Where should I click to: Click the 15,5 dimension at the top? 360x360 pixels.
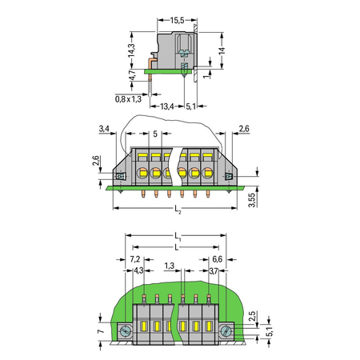pyautogui.click(x=178, y=20)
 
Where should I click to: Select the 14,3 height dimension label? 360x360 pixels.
pyautogui.click(x=131, y=50)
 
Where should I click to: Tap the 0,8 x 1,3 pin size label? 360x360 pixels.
pyautogui.click(x=128, y=99)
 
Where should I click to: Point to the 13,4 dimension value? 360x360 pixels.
pyautogui.click(x=167, y=106)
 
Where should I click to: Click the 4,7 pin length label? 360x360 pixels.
pyautogui.click(x=132, y=75)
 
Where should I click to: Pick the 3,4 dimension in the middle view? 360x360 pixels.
pyautogui.click(x=104, y=129)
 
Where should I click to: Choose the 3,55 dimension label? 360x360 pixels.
pyautogui.click(x=252, y=200)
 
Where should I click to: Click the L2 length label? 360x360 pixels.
pyautogui.click(x=178, y=209)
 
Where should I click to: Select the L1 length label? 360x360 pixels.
pyautogui.click(x=178, y=237)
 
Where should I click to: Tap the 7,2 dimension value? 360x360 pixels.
pyautogui.click(x=135, y=259)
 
